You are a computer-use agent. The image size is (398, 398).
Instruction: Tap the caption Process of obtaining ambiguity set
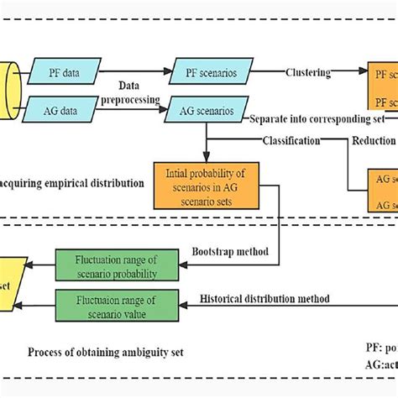[105, 351]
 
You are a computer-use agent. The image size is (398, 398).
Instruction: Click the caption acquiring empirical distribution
[71, 181]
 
